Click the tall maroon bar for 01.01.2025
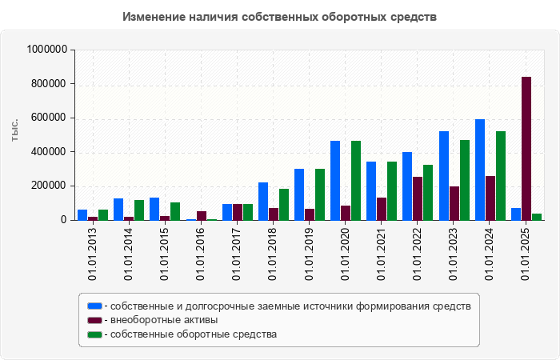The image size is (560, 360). pyautogui.click(x=526, y=148)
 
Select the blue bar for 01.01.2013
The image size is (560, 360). pyautogui.click(x=82, y=214)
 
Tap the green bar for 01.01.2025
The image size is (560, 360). pyautogui.click(x=537, y=216)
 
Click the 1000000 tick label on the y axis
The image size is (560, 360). pyautogui.click(x=47, y=50)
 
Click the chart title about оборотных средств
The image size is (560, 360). pyautogui.click(x=280, y=17)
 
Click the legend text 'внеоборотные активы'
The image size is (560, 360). pyautogui.click(x=165, y=320)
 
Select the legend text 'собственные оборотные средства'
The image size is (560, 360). pyautogui.click(x=194, y=334)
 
